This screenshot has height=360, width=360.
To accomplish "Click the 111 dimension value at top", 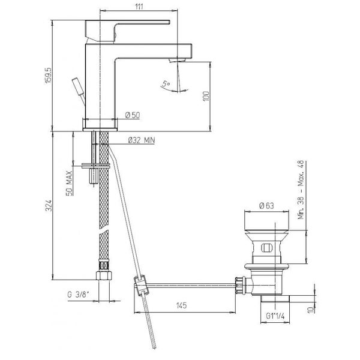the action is (139, 6).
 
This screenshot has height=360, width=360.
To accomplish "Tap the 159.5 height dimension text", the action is (49, 76).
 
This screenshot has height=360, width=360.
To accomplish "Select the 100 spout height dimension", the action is (206, 96).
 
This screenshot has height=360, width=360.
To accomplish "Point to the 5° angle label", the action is (166, 84).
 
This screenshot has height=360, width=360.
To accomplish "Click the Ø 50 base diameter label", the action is (133, 115).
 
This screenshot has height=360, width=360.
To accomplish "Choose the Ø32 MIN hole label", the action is (142, 140).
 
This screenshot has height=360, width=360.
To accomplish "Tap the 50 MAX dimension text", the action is (69, 183).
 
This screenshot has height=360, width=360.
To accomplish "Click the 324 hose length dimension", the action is (49, 205).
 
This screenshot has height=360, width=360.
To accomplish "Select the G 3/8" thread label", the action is (78, 295).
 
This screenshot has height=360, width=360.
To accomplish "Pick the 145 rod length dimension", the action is (181, 305).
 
